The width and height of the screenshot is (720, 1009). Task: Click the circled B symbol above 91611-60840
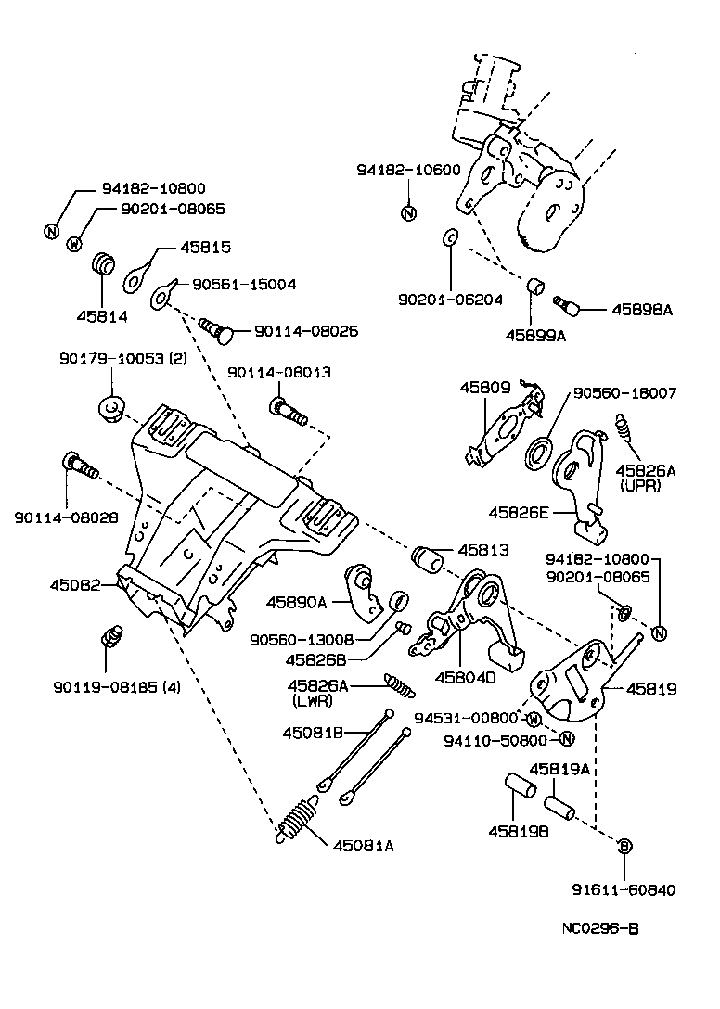point(624,846)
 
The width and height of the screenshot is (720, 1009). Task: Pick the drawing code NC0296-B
point(600,928)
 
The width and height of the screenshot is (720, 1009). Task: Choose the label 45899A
point(534,336)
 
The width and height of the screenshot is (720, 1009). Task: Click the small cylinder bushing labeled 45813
point(430,560)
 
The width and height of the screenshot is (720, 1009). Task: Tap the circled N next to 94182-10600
point(408,213)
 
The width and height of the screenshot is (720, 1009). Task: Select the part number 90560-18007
point(624,393)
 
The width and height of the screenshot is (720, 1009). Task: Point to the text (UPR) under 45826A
point(642,486)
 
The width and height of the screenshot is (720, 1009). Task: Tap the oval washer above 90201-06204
point(449,237)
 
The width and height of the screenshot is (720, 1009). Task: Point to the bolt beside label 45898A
point(564,303)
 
